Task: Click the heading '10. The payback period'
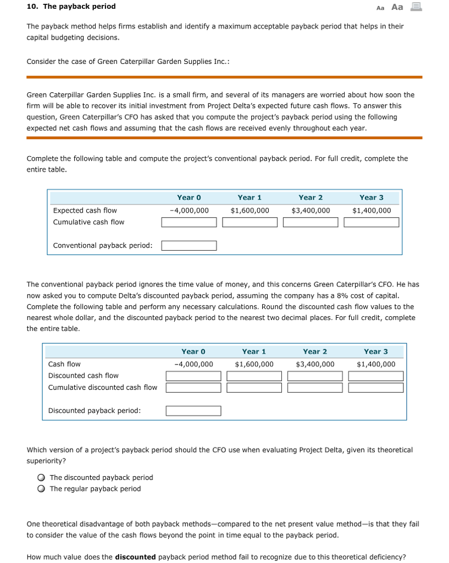[x=71, y=7]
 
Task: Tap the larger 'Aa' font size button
[x=397, y=7]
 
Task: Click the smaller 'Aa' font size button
[x=380, y=8]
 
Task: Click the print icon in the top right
[x=415, y=7]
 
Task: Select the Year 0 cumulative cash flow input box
[x=189, y=222]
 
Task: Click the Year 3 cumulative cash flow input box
[x=372, y=222]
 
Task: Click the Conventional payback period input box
[x=189, y=246]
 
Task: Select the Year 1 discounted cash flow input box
[x=254, y=376]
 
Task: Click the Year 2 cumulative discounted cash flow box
[x=315, y=388]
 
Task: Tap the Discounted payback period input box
[x=193, y=411]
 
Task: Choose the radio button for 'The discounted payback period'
[x=41, y=478]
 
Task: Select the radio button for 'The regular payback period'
[x=41, y=489]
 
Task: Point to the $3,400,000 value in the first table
[x=311, y=211]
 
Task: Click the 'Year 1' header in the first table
[x=250, y=197]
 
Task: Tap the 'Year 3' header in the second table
[x=376, y=351]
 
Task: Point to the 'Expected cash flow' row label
[x=85, y=211]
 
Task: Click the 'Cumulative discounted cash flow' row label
[x=103, y=388]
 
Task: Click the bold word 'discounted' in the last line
[x=135, y=557]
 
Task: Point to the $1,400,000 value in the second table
[x=376, y=364]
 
